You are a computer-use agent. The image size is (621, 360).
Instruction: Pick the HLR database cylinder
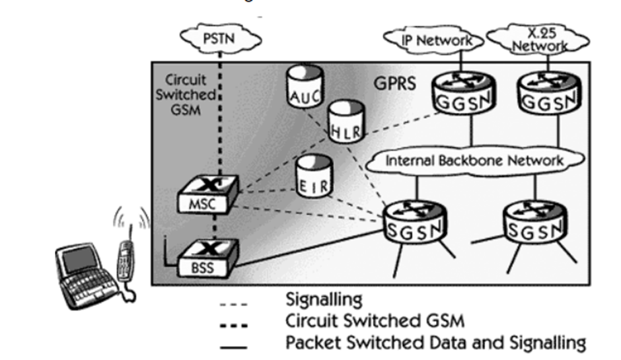coord(346,123)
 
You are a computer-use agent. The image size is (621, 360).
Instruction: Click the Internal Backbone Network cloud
coord(474,161)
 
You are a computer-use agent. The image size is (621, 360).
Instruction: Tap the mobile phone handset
coord(126,261)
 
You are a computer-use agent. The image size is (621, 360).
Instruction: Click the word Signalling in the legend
coord(324,299)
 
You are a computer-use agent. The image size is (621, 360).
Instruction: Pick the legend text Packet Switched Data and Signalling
coord(435,343)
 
